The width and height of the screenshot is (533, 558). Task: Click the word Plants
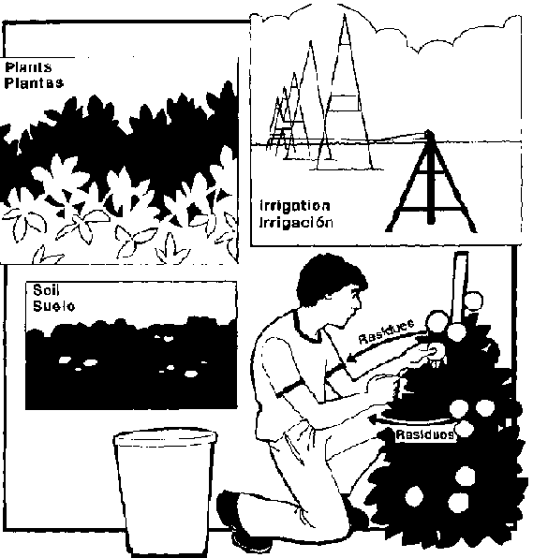[28, 67]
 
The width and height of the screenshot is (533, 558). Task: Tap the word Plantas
[34, 83]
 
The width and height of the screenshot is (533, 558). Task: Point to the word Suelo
[53, 306]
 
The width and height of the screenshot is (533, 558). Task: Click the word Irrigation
[295, 206]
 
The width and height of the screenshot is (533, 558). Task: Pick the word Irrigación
[296, 223]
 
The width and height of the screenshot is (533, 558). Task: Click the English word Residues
[387, 331]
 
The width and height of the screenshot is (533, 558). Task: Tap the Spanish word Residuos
[425, 434]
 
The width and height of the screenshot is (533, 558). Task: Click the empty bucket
[165, 492]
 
